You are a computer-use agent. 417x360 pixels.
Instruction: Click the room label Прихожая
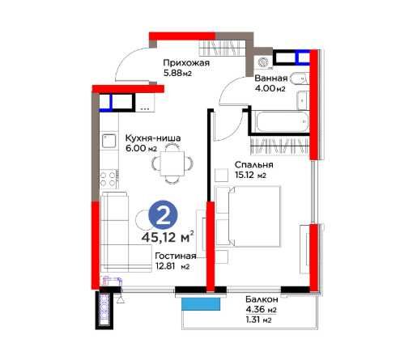coord(186,63)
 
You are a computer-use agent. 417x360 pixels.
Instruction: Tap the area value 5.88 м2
coord(177,73)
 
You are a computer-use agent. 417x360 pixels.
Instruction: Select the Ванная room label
coord(271,78)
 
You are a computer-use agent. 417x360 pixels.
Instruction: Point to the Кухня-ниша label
coord(153,138)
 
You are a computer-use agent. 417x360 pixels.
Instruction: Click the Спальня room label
coord(254,165)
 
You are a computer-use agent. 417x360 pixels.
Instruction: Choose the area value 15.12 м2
coord(250,175)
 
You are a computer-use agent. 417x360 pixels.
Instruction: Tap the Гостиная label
coord(176,256)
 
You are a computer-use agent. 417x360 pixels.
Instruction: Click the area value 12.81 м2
coord(172,266)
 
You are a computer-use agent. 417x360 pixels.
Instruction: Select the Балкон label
coord(262,299)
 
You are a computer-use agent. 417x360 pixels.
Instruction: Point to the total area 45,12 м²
coord(168,237)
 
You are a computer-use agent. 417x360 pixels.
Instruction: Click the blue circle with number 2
coord(163,215)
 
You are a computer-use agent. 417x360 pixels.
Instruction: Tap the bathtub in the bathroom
coord(283,122)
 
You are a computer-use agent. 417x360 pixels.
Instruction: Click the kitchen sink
coord(109,141)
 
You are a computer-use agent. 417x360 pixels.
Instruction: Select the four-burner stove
coord(109,179)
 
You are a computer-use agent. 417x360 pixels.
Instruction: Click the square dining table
coord(172,163)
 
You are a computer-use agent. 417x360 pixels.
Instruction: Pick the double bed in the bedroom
coord(248,216)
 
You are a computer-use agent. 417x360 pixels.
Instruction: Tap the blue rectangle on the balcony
coord(201,304)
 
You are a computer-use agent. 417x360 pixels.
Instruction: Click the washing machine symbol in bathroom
coord(262,62)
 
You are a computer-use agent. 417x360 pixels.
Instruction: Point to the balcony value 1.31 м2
coord(258,320)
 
